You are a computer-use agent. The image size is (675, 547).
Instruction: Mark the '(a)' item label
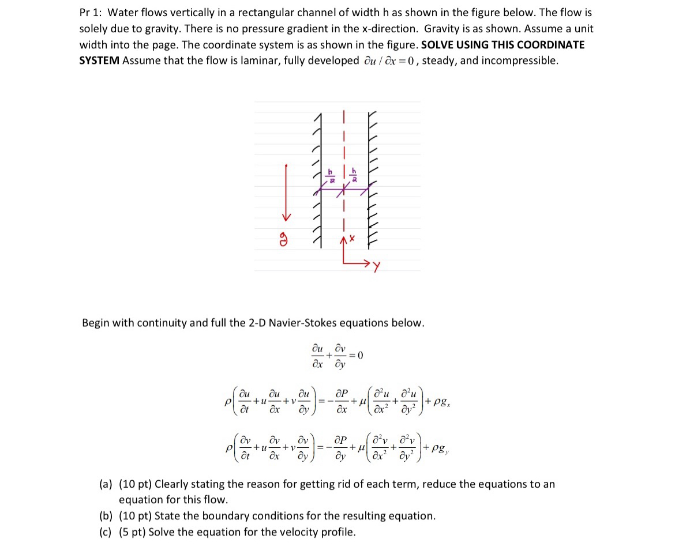(107, 484)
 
